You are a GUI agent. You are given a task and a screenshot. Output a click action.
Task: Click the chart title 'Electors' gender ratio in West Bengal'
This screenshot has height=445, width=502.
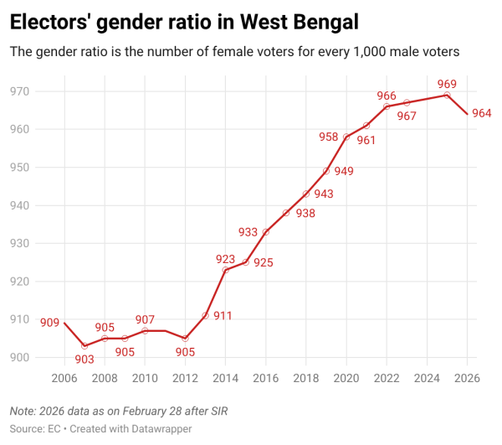(x=183, y=21)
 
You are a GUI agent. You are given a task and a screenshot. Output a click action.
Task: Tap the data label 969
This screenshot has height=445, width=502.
(x=447, y=84)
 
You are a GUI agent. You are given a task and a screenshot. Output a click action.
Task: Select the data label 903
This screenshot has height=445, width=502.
(x=85, y=360)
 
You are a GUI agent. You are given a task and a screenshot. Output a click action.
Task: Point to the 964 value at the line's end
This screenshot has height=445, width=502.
(x=481, y=113)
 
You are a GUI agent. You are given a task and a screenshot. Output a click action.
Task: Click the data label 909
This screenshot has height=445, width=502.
(x=49, y=321)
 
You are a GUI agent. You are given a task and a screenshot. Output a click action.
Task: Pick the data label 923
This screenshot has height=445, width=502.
(x=226, y=259)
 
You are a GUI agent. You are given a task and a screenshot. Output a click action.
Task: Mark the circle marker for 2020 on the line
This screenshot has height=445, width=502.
(x=346, y=137)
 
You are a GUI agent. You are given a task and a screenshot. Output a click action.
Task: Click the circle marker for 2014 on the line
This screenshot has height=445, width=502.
(x=226, y=270)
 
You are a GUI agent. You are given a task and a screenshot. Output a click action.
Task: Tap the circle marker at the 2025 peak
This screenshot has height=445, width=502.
(x=447, y=95)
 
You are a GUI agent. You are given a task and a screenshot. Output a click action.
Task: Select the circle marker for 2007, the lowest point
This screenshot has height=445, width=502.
(x=85, y=346)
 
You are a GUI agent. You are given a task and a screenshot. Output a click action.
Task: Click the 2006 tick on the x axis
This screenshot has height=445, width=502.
(x=64, y=378)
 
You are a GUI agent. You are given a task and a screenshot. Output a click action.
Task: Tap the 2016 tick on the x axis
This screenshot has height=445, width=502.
(x=266, y=378)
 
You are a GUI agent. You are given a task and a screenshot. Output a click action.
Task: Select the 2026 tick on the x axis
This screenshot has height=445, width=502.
(x=467, y=378)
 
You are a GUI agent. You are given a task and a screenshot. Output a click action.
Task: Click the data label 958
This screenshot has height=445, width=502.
(x=329, y=137)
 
